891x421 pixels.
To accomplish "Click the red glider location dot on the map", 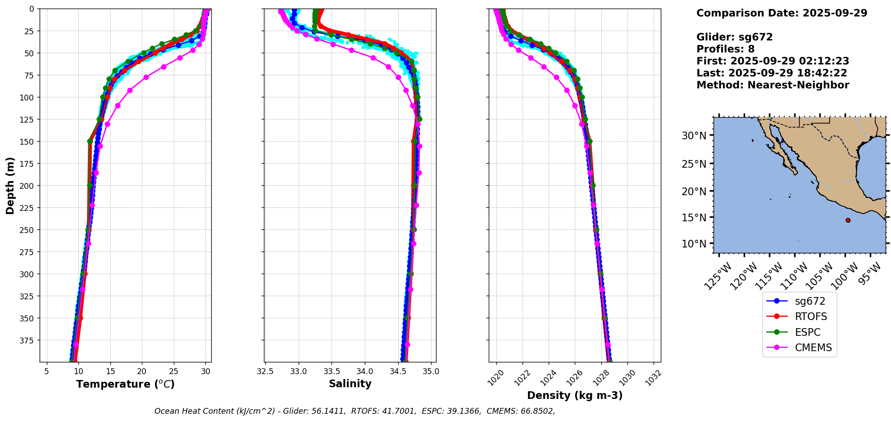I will (x=848, y=220).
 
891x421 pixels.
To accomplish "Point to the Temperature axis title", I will (x=125, y=384).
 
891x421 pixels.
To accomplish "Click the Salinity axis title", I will (x=350, y=384).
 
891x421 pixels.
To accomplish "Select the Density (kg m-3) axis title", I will (x=575, y=395).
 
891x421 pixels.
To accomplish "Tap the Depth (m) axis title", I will (x=10, y=185).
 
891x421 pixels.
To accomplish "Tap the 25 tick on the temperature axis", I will (x=173, y=371).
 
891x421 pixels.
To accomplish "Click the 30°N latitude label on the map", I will (x=694, y=135).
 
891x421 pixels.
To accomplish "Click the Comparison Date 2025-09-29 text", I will (x=782, y=13).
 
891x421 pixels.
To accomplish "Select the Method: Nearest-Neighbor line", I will (x=773, y=85).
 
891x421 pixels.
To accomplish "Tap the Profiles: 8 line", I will (x=725, y=49).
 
